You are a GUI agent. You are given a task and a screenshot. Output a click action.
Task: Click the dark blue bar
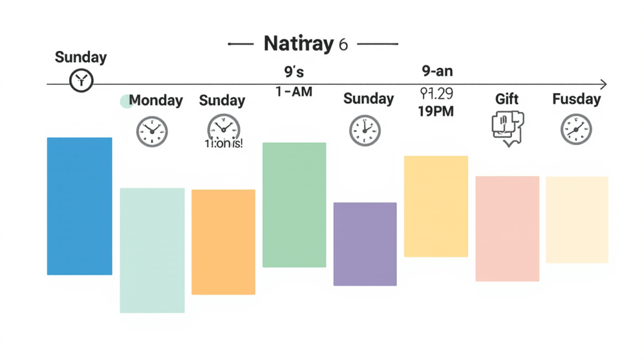(79, 206)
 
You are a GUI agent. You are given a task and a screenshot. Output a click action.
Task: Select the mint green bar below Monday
(152, 250)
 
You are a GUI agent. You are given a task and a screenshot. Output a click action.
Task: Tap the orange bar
(223, 242)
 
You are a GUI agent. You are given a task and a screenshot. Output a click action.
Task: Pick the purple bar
(365, 244)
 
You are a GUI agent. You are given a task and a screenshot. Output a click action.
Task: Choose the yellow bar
(436, 206)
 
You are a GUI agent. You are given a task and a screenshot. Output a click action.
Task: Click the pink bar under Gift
(507, 228)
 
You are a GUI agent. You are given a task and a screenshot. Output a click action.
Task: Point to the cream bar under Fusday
(577, 220)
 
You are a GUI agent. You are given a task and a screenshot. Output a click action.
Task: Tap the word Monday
(155, 101)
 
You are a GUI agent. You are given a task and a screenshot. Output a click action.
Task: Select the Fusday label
(576, 99)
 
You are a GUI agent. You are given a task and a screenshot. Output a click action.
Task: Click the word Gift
(507, 99)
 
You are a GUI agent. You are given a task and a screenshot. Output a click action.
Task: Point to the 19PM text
(436, 111)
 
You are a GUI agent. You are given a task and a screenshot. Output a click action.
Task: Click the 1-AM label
(294, 91)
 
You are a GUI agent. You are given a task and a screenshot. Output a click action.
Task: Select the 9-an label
(437, 71)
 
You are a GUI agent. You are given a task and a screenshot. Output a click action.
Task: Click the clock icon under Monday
(152, 132)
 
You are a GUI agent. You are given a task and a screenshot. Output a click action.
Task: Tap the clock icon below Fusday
(576, 130)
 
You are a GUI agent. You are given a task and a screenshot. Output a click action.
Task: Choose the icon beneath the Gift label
(507, 128)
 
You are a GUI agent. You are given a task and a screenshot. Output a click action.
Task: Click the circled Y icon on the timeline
(81, 80)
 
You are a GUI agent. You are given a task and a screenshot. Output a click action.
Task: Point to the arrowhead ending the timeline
(604, 84)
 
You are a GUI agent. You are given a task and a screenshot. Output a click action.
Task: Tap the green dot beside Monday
(126, 101)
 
